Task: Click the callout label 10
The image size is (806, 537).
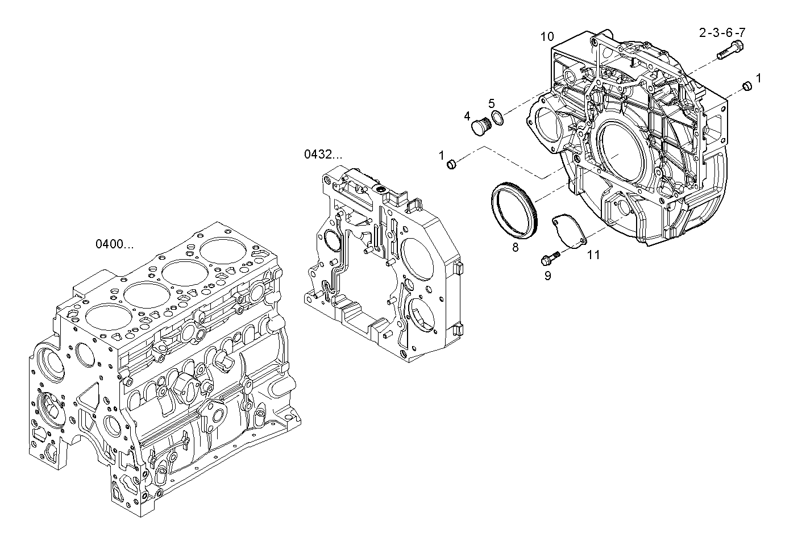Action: point(547,37)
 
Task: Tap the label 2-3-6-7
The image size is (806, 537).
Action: point(721,33)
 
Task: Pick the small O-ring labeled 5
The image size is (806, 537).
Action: point(497,119)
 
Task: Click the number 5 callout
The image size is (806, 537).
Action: point(492,103)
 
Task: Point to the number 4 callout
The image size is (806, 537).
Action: point(467,116)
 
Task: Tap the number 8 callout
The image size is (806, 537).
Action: point(515,247)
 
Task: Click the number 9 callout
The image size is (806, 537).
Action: point(547,276)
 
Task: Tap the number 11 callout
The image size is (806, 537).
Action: point(593,255)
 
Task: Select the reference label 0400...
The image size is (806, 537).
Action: point(114,244)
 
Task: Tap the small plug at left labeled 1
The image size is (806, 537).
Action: point(452,165)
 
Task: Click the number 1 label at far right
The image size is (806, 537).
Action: point(758,76)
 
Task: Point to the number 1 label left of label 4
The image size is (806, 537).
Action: point(441,155)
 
